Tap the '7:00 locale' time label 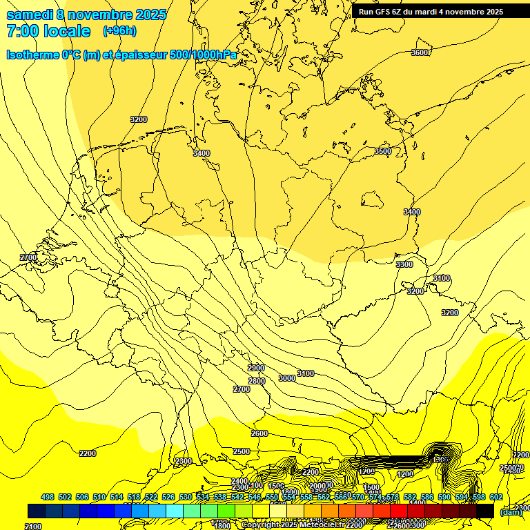click(48, 31)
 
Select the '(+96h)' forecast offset click(119, 31)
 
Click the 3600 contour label click(420, 52)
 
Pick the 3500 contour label click(383, 151)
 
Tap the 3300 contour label click(404, 264)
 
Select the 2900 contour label click(256, 368)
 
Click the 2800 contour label click(257, 381)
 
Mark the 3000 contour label click(287, 378)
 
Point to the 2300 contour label click(184, 461)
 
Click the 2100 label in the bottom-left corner click(33, 527)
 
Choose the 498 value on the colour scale click(48, 497)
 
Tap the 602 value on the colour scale click(495, 497)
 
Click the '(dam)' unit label click(511, 511)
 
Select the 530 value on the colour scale click(186, 497)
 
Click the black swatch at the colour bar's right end click(484, 511)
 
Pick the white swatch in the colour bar click(278, 511)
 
